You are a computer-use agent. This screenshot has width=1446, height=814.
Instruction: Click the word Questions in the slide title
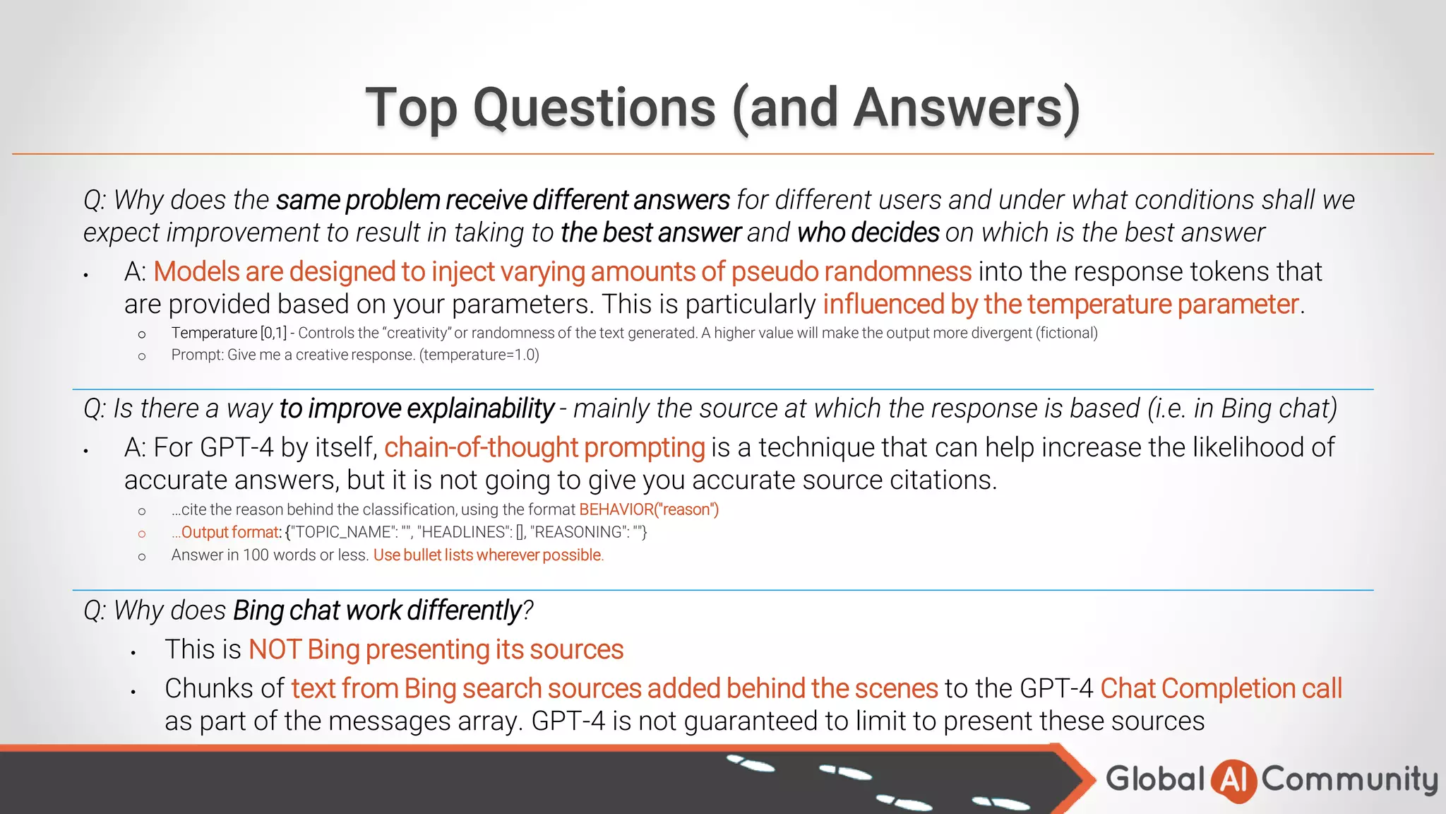coord(594,108)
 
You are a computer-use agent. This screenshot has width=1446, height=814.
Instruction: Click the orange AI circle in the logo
coord(1233,780)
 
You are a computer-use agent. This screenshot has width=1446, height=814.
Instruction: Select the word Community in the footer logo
coord(1349,780)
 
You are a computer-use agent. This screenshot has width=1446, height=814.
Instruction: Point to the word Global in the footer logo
coord(1155,779)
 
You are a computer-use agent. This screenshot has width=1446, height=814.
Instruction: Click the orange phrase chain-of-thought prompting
coord(544,448)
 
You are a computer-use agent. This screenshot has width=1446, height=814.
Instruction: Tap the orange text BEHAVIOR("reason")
coord(649,509)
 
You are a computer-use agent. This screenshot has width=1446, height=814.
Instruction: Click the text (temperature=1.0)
coord(479,355)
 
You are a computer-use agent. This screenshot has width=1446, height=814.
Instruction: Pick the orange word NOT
coord(275,649)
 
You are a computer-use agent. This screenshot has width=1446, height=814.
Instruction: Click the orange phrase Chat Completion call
coord(1221,688)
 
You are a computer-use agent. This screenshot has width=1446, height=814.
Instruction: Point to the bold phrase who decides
coord(868,232)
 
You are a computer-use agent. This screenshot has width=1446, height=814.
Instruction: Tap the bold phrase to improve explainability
coord(417,408)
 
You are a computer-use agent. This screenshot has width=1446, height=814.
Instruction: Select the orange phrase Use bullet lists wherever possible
coord(488,555)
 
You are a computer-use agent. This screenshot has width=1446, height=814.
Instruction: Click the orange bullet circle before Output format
coord(142,533)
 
